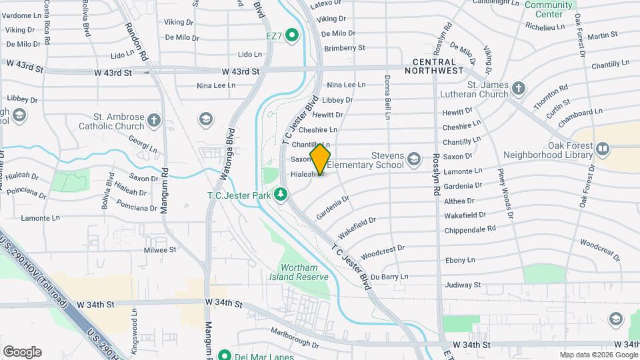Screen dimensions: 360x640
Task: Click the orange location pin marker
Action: coord(320,159)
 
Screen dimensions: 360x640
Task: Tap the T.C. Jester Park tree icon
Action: coord(281,195)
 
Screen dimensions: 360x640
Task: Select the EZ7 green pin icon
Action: coord(291,35)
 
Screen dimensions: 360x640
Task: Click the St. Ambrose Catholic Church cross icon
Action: coord(154,121)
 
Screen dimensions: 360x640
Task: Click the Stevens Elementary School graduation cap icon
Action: coord(414,159)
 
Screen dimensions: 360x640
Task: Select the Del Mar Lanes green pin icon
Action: coord(225,355)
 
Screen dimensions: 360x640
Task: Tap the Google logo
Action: coord(22,352)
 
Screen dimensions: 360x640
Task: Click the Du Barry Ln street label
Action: coord(389,277)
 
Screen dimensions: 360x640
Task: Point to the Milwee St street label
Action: coord(160,250)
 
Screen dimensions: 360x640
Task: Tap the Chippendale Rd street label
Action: coord(470,228)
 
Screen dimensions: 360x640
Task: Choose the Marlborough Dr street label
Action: coord(297,343)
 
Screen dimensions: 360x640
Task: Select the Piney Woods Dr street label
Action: coord(505,193)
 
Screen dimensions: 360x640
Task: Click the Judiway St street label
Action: coord(463,285)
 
